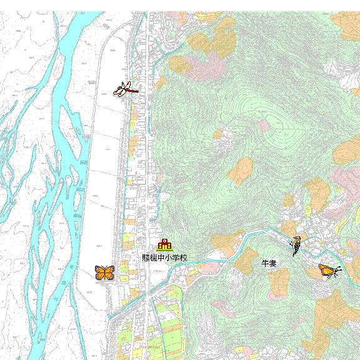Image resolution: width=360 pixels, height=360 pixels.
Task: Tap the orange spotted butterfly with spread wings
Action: tap(104, 272)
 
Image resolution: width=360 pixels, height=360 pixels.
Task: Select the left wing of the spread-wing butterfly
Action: tap(100, 272)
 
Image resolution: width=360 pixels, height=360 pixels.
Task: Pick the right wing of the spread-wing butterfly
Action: tap(109, 272)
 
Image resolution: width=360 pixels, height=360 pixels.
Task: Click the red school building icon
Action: tap(164, 244)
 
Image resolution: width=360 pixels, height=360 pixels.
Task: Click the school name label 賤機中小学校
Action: tap(164, 257)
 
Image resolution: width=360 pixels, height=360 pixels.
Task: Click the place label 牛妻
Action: tap(269, 264)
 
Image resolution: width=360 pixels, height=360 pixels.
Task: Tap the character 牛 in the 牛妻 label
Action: tap(265, 264)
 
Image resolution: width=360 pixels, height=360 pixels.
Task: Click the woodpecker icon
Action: tap(296, 243)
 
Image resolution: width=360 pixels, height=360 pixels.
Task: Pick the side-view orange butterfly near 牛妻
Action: tap(328, 271)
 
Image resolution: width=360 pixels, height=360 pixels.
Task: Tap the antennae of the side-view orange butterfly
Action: tap(339, 269)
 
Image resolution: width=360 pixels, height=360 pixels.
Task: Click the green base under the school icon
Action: tap(164, 250)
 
